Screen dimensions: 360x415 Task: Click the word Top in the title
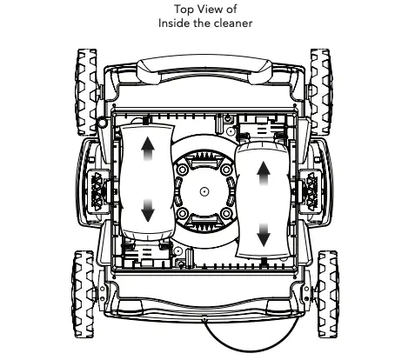184,10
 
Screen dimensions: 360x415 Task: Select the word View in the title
206,10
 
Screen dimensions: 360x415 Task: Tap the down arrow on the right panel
264,230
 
